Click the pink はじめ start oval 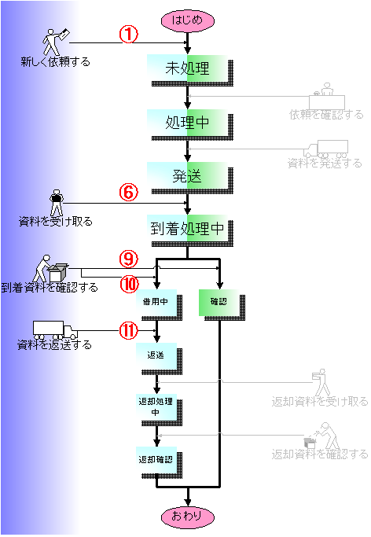[x=188, y=20]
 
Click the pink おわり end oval [x=188, y=517]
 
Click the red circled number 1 [x=128, y=35]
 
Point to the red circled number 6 [x=128, y=192]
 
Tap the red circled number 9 [x=128, y=259]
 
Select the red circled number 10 [x=129, y=285]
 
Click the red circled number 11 [x=128, y=331]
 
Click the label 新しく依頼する [x=56, y=62]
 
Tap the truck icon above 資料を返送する [x=55, y=330]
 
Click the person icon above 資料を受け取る [x=57, y=203]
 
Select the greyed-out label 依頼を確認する [x=326, y=114]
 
